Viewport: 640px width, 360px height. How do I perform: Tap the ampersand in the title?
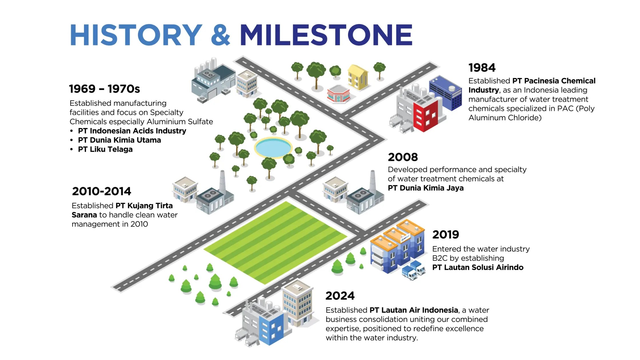point(221,35)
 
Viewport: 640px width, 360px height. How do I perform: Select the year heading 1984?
point(482,68)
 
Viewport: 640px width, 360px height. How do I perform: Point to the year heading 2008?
point(403,157)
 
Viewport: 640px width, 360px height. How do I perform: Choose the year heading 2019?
point(446,235)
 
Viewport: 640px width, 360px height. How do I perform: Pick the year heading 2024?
point(340,296)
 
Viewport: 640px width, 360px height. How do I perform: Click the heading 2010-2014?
point(101,191)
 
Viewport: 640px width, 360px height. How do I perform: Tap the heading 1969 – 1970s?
point(105,89)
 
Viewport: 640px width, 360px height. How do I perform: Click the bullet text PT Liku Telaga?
point(105,149)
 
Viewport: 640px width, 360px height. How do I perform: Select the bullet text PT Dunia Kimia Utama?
point(119,140)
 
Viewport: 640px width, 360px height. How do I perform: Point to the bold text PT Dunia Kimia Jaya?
point(426,188)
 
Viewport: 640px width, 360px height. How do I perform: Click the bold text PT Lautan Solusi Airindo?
point(478,267)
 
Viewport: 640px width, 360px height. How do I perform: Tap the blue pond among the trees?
point(273,147)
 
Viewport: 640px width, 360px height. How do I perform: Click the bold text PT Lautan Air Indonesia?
point(414,310)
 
